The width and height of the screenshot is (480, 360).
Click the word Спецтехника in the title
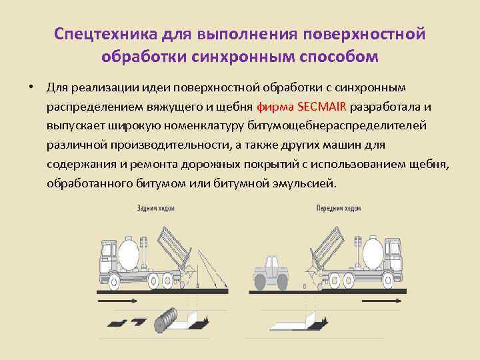click(x=97, y=33)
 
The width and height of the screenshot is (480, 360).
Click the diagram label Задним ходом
click(x=155, y=209)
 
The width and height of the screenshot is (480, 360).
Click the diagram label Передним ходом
click(x=338, y=209)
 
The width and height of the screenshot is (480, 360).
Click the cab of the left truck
click(x=107, y=257)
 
